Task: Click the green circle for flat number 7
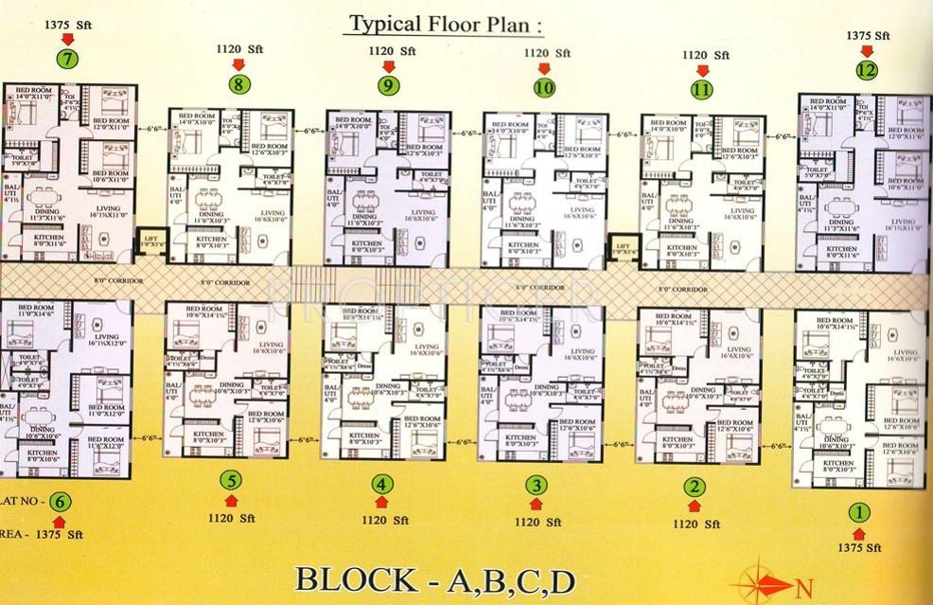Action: (x=67, y=58)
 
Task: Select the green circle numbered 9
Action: (x=387, y=85)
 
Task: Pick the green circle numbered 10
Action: (x=543, y=88)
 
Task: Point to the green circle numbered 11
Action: (x=701, y=90)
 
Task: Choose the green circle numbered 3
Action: (x=537, y=486)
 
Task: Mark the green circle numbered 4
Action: (x=381, y=485)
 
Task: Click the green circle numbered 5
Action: (x=230, y=480)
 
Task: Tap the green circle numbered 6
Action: (x=60, y=502)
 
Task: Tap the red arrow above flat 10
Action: (x=543, y=69)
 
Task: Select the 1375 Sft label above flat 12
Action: (x=868, y=35)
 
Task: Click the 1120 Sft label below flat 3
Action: (x=537, y=521)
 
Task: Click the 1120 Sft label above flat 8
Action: (x=239, y=48)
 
